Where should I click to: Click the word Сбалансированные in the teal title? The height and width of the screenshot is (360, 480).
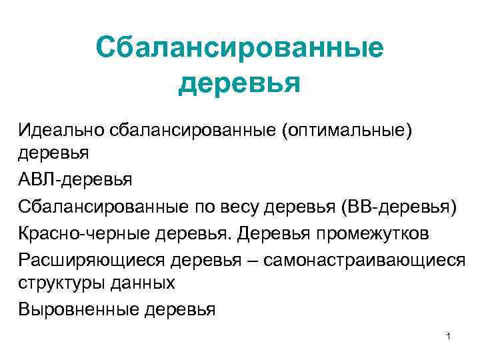click(x=239, y=48)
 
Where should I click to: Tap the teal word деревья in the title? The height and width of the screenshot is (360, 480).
click(x=239, y=85)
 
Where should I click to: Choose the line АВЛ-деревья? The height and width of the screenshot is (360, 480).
click(x=75, y=179)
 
